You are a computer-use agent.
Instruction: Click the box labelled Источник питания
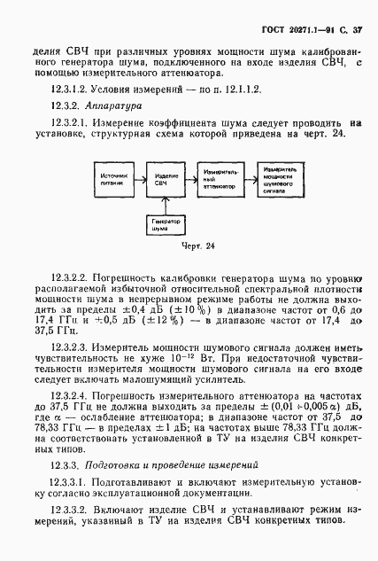[112, 182]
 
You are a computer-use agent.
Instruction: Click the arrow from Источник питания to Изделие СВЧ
[140, 182]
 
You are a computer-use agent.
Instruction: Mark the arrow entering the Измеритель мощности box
[252, 182]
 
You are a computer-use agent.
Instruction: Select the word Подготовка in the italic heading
[112, 463]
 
